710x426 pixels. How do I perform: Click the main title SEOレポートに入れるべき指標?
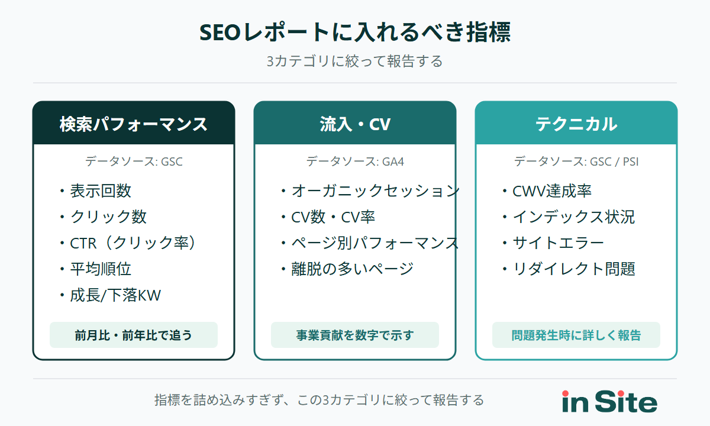[x=355, y=33]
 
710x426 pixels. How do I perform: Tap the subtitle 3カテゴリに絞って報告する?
[x=355, y=62]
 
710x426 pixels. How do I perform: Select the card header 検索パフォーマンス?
[x=134, y=124]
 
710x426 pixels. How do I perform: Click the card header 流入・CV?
[x=355, y=124]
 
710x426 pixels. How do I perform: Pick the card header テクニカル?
[x=576, y=124]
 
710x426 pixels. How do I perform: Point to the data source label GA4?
[x=355, y=161]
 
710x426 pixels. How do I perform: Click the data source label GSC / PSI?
[x=576, y=161]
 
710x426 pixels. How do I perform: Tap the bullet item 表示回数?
[x=101, y=191]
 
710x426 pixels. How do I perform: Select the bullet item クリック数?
[x=108, y=217]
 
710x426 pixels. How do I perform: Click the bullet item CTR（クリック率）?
[x=133, y=243]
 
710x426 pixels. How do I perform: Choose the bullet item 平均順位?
[x=101, y=269]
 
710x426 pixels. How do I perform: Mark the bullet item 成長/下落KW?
[x=115, y=295]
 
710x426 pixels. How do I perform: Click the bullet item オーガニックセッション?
[x=375, y=191]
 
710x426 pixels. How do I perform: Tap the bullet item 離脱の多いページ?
[x=352, y=269]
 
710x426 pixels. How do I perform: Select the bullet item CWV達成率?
[x=551, y=191]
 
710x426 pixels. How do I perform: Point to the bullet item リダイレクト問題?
[x=574, y=269]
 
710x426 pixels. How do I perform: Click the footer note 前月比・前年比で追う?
[x=134, y=335]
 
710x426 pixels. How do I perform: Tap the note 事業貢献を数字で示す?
[x=355, y=335]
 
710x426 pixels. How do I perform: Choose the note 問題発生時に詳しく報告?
[x=576, y=335]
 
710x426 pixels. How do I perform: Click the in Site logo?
[x=609, y=402]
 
